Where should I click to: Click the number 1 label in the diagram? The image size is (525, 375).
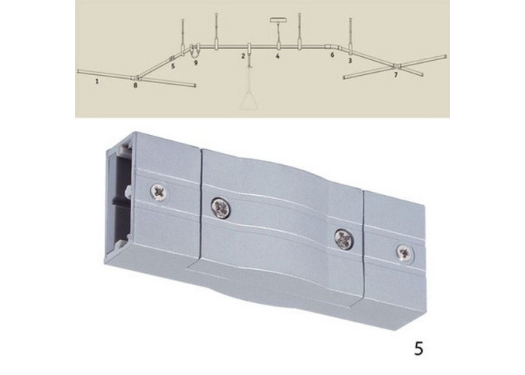[97, 81]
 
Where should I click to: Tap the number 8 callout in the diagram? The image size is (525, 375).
[135, 85]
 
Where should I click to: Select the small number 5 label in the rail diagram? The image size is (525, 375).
[172, 66]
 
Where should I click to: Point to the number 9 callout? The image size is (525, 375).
[196, 62]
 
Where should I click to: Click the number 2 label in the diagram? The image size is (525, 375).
[244, 56]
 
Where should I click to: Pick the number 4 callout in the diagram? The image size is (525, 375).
[277, 56]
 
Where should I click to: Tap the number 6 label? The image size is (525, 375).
[332, 55]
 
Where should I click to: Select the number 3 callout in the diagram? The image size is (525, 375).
[350, 61]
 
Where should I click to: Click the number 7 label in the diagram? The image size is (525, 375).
[396, 75]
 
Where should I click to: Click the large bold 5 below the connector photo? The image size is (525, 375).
[418, 349]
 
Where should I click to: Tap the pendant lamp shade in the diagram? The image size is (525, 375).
[249, 101]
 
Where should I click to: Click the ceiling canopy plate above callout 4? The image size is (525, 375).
[277, 19]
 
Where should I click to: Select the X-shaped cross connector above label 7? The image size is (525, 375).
[397, 67]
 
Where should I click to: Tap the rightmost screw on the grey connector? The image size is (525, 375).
[405, 253]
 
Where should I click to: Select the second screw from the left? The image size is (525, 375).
[221, 208]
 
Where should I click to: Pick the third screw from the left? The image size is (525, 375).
[344, 238]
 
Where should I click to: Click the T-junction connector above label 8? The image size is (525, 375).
[136, 78]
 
